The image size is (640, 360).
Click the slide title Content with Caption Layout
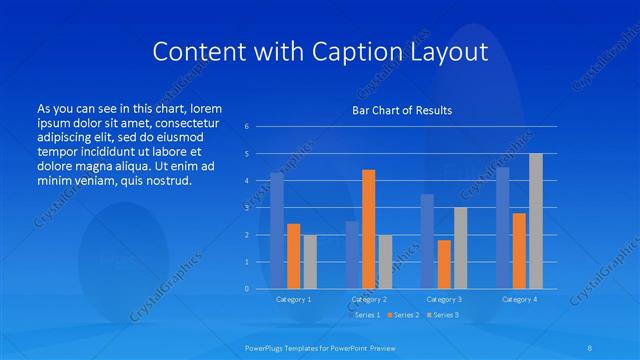point(319,51)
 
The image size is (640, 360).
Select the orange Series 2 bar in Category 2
point(368,229)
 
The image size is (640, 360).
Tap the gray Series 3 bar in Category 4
point(535,221)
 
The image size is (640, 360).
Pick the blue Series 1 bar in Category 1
point(277,230)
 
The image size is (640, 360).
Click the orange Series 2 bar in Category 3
point(444,264)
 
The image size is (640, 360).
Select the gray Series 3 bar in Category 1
point(310,261)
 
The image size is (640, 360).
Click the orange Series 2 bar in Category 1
point(293,256)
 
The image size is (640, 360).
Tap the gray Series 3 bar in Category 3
point(460,248)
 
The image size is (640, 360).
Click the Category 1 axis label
point(293,299)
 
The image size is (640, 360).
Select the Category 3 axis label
point(444,299)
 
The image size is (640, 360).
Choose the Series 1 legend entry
point(365,315)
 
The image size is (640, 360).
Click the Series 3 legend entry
point(444,315)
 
